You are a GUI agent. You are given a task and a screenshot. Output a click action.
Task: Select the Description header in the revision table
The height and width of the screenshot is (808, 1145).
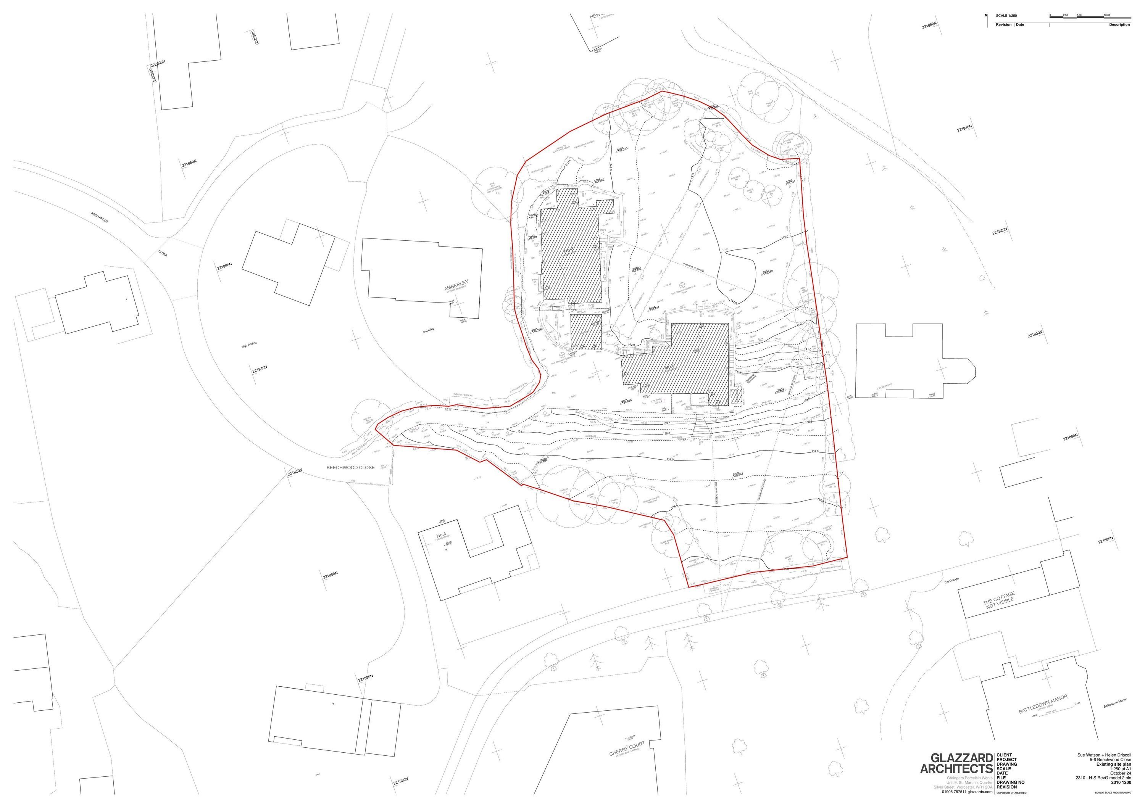[x=1119, y=24]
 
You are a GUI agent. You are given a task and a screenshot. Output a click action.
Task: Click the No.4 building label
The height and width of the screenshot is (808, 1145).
[x=441, y=535]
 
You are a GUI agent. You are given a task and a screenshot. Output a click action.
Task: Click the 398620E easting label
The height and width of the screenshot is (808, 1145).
[x=255, y=37]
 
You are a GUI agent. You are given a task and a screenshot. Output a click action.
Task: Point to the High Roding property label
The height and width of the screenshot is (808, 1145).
[x=248, y=344]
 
